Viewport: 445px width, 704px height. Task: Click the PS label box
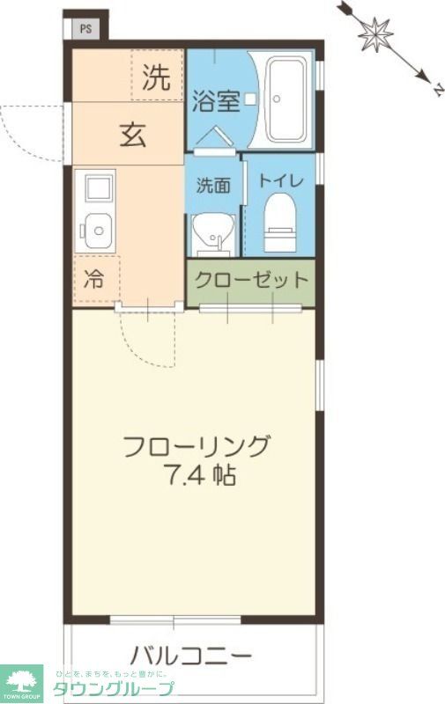[85, 27]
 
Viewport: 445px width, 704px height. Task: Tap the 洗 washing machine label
[156, 80]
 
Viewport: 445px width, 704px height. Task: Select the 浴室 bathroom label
[216, 100]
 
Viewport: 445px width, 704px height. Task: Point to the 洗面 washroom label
[213, 186]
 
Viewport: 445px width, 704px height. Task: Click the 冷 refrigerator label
[93, 281]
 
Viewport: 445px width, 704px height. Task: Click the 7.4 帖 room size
[199, 476]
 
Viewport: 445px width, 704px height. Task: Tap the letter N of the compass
[436, 87]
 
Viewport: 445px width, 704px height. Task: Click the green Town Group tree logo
[24, 679]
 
